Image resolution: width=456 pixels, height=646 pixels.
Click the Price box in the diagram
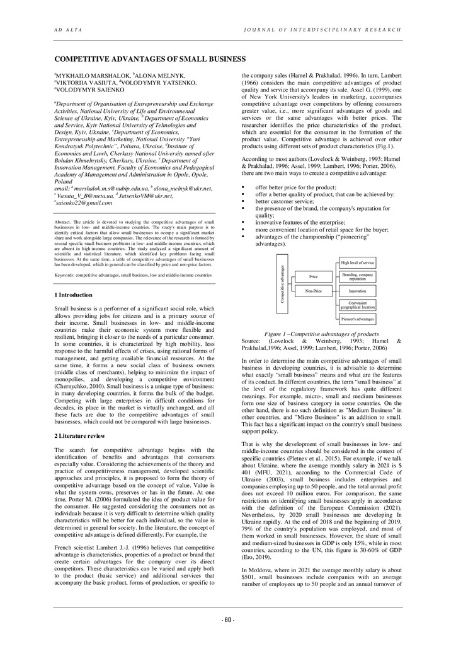click(x=313, y=276)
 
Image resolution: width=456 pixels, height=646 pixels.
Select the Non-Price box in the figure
click(x=313, y=291)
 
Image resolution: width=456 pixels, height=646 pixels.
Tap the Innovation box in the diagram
click(x=357, y=291)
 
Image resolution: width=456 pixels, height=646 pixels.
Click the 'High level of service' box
click(x=357, y=262)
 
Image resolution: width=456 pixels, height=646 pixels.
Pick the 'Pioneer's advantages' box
click(x=357, y=320)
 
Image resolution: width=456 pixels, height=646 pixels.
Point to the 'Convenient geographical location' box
click(x=357, y=305)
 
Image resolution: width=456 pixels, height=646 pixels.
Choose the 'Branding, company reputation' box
click(x=357, y=276)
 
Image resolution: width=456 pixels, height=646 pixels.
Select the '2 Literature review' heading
click(x=81, y=436)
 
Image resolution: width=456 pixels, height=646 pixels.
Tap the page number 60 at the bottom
click(x=228, y=620)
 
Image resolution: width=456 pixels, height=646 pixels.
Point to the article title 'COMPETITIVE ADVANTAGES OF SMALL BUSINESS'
click(x=149, y=59)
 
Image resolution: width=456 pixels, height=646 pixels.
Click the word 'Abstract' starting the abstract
click(x=64, y=223)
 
